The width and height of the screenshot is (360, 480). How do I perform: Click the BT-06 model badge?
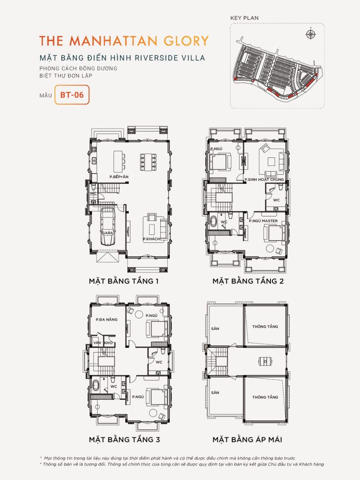(x=71, y=94)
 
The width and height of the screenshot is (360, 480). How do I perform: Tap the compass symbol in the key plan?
(x=310, y=34)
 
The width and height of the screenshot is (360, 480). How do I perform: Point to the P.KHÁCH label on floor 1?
(x=151, y=239)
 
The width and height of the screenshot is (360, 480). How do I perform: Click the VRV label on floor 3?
(x=97, y=343)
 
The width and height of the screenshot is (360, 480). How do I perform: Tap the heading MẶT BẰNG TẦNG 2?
(x=247, y=281)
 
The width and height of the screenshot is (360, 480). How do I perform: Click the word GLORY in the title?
(x=185, y=40)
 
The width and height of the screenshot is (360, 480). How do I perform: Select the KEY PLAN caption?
(x=245, y=18)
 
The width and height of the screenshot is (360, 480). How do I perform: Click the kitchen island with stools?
(x=118, y=160)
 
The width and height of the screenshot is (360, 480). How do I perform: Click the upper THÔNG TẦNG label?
(x=265, y=326)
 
